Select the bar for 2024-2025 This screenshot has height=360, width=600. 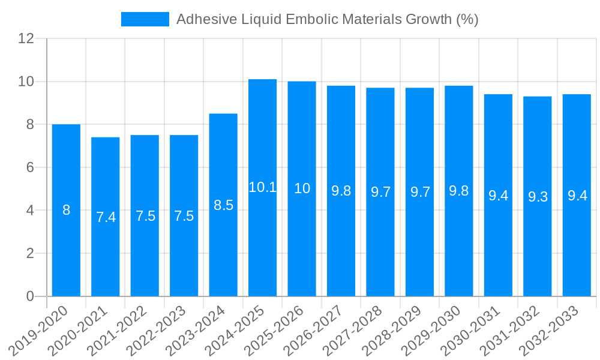point(262,240)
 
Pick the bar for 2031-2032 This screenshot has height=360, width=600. point(538,252)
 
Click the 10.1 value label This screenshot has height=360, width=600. point(262,187)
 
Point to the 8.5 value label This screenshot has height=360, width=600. point(223,205)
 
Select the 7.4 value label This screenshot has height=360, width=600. point(106,217)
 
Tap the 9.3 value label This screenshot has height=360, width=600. point(538,197)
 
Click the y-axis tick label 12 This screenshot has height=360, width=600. point(26,38)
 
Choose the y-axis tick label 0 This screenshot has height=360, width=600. point(30,296)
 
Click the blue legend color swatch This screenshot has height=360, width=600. point(145,19)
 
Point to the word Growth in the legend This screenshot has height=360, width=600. point(428,19)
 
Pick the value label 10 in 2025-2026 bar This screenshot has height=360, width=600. point(302,188)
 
